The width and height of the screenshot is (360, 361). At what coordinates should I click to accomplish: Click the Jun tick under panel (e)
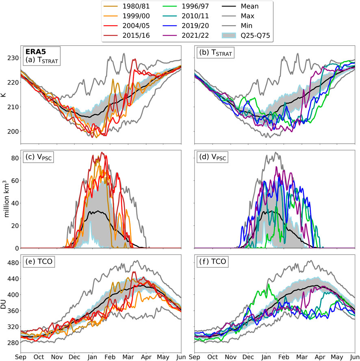[x=180, y=357]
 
